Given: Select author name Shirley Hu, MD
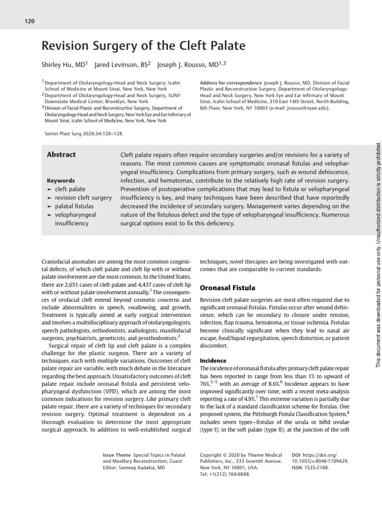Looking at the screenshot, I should point(64,65).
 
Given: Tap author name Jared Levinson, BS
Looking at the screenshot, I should point(121,65).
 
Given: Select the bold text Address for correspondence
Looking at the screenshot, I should point(230,83).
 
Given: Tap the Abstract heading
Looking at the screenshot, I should point(61,155).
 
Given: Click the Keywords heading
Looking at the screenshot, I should point(61,180).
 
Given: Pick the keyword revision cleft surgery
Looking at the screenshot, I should point(83,198).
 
